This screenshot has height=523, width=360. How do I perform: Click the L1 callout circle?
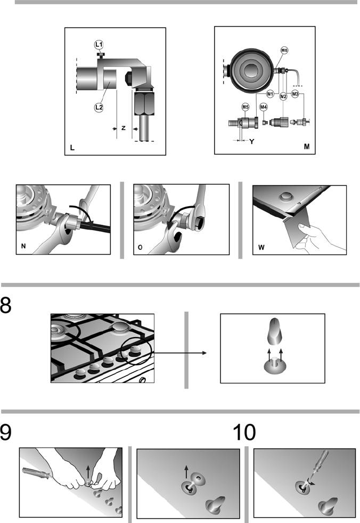pyautogui.click(x=99, y=44)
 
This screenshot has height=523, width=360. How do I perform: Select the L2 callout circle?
pyautogui.click(x=99, y=108)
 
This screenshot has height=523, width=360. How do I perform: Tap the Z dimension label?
pyautogui.click(x=124, y=128)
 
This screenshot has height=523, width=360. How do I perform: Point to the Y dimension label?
pyautogui.click(x=251, y=142)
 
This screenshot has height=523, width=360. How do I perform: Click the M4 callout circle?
pyautogui.click(x=263, y=107)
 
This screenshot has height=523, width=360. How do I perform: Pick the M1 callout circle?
pyautogui.click(x=270, y=94)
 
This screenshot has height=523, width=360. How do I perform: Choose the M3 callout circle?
pyautogui.click(x=295, y=94)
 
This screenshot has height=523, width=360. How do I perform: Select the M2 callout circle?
pyautogui.click(x=283, y=96)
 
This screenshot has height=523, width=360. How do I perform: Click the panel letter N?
pyautogui.click(x=23, y=246)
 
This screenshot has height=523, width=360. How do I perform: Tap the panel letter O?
pyautogui.click(x=140, y=247)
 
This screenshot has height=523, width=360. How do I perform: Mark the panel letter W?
pyautogui.click(x=261, y=247)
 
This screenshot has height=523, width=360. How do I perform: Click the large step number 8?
pyautogui.click(x=6, y=305)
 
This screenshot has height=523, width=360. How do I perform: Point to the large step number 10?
pyautogui.click(x=244, y=432)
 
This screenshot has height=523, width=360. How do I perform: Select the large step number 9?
pyautogui.click(x=6, y=432)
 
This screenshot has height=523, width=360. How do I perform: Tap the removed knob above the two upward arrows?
pyautogui.click(x=275, y=332)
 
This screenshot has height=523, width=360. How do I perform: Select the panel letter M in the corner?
pyautogui.click(x=307, y=146)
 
